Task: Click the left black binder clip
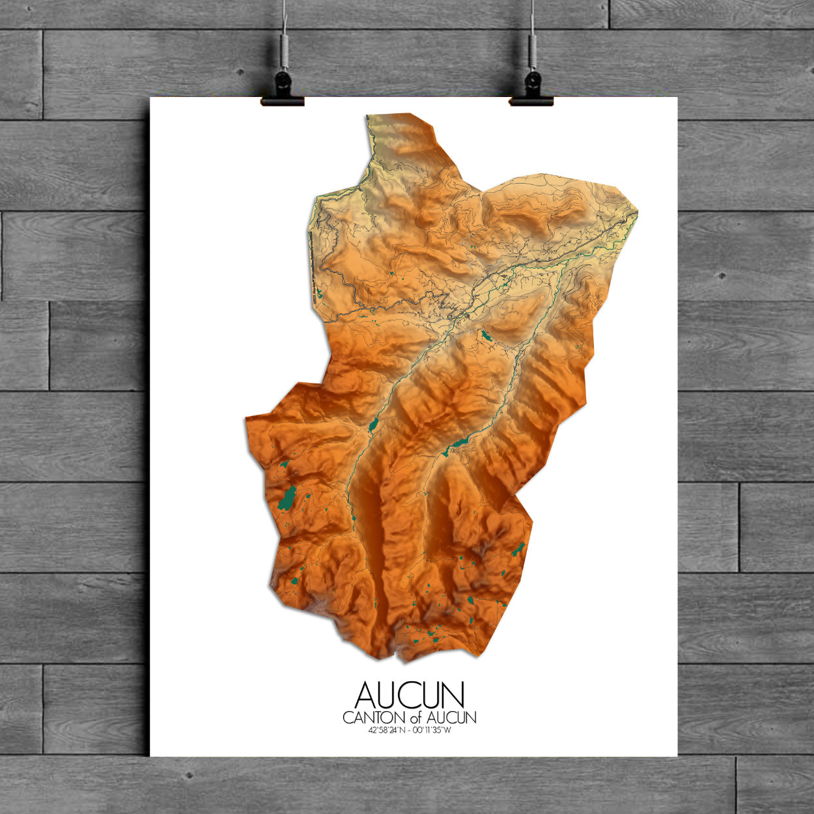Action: point(283,91)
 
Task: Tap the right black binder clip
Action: point(532,91)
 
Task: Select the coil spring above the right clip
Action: point(533,49)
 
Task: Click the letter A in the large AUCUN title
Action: point(365,695)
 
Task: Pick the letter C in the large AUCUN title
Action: point(410,695)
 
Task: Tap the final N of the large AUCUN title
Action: point(453,695)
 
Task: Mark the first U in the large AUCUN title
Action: point(389,695)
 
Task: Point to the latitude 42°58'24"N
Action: point(387,729)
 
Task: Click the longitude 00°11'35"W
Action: point(432,729)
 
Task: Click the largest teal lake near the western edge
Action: point(286,498)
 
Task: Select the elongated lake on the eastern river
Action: point(459,443)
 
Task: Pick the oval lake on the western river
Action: point(373,426)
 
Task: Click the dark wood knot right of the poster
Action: point(722,276)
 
